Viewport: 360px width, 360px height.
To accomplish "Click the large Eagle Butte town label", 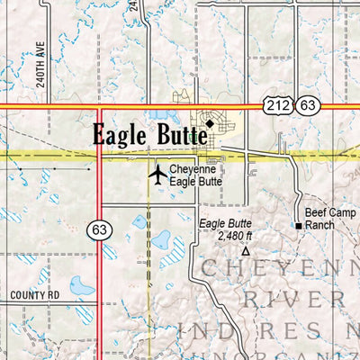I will click(x=149, y=136).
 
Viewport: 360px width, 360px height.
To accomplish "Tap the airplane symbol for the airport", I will click(x=158, y=174).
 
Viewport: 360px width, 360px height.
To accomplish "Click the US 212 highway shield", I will click(x=276, y=107).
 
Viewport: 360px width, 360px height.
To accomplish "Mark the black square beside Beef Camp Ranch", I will click(x=298, y=225).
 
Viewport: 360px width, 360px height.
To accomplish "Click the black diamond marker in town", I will click(x=210, y=123).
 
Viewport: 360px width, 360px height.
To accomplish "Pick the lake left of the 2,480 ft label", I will click(x=162, y=240).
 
